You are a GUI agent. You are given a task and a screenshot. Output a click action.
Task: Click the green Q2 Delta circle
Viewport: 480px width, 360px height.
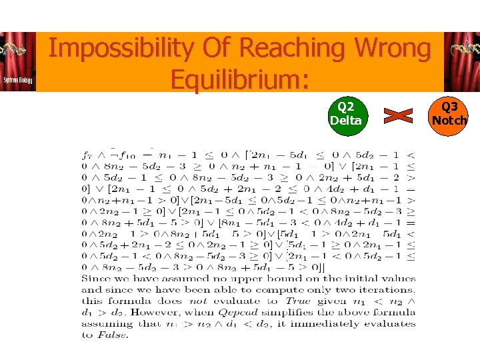pyautogui.click(x=346, y=114)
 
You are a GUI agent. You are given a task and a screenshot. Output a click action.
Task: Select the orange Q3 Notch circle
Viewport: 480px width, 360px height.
pyautogui.click(x=449, y=114)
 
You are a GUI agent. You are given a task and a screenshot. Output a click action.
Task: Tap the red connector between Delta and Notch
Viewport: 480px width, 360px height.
pyautogui.click(x=398, y=115)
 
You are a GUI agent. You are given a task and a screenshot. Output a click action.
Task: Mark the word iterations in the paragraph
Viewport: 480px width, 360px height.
pyautogui.click(x=390, y=290)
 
